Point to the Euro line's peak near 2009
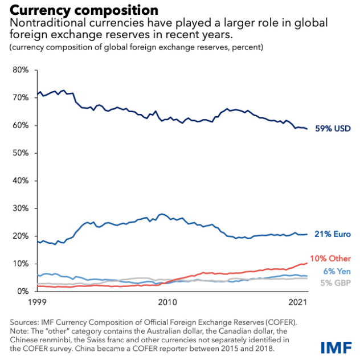162,214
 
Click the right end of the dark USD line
308,129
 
